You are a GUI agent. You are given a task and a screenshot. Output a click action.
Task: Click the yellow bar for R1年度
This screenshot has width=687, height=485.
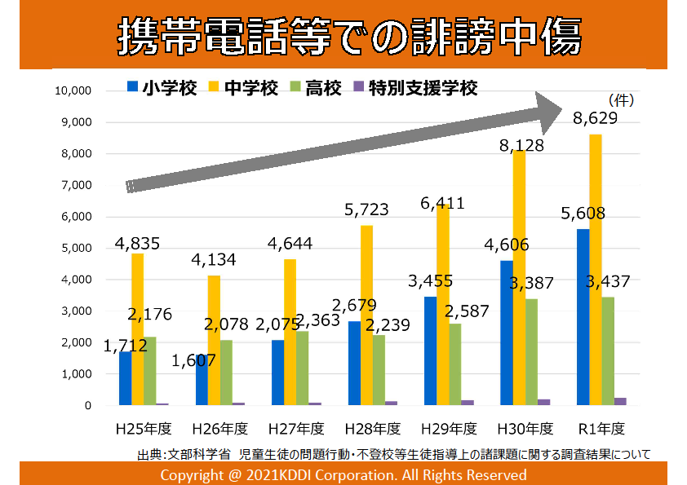click(x=596, y=269)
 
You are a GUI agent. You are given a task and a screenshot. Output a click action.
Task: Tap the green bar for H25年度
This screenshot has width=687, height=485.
click(x=149, y=371)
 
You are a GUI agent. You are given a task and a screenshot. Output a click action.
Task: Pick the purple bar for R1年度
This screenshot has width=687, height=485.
click(x=620, y=401)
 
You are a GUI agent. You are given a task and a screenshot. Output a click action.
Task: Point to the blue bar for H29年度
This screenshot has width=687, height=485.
click(x=430, y=351)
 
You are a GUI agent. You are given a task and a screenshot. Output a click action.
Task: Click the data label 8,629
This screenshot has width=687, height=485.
click(x=595, y=119)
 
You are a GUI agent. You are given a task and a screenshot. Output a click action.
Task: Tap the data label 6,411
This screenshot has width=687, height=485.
click(x=442, y=204)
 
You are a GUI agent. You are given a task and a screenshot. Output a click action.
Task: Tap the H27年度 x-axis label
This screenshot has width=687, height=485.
click(x=296, y=428)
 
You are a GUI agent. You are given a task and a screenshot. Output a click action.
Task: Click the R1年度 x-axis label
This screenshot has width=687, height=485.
click(x=601, y=428)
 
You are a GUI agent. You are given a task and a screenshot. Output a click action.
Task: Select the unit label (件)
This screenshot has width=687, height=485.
click(x=622, y=101)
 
